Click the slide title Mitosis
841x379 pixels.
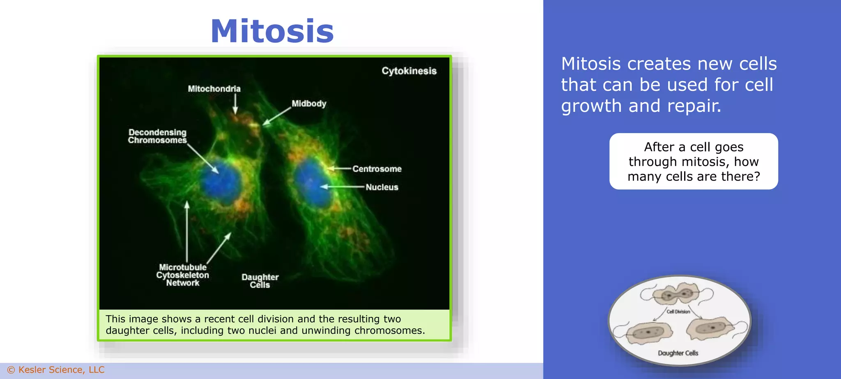point(272,31)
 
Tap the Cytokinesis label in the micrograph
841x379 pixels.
point(409,71)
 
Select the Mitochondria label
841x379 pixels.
point(214,89)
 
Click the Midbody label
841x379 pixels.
point(309,104)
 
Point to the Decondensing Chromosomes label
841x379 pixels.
point(157,136)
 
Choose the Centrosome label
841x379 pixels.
point(377,169)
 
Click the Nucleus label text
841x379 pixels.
point(382,187)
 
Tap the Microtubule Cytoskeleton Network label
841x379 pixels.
point(183,275)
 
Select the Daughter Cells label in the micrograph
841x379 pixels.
point(260,281)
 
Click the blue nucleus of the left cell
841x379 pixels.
point(221,183)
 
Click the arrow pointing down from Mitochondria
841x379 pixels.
point(235,104)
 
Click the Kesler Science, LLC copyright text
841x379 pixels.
point(56,370)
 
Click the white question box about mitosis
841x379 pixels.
point(694,162)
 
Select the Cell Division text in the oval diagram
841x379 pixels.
point(678,312)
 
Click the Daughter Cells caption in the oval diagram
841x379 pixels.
point(678,353)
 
